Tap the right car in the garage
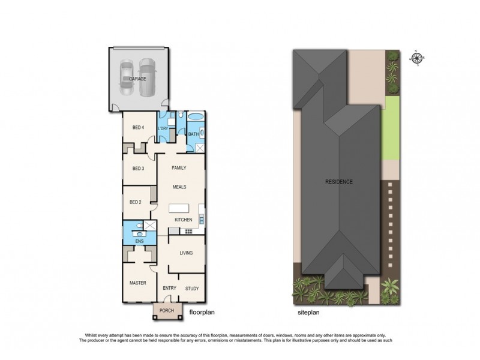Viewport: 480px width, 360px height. [147, 77]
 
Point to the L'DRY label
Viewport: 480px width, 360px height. [163, 128]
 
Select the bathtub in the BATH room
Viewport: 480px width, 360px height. [196, 118]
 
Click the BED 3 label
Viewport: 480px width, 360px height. [138, 169]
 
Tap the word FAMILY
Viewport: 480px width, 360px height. [179, 168]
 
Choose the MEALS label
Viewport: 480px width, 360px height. [179, 187]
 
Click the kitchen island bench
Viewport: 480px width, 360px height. [181, 209]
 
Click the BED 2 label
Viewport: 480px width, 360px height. [136, 202]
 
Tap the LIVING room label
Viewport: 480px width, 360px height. [186, 253]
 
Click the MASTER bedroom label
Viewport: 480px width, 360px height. [139, 282]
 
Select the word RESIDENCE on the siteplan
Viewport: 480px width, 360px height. [340, 182]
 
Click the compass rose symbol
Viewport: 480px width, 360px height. [417, 58]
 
